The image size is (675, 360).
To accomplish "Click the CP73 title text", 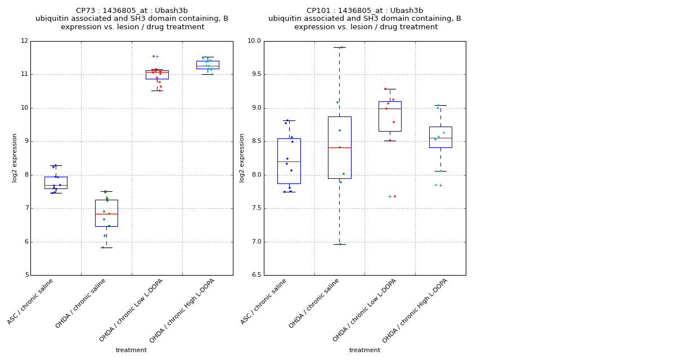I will [x=132, y=11].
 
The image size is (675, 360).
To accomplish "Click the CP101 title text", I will [x=364, y=11].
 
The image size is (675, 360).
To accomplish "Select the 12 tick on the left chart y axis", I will [x=24, y=41].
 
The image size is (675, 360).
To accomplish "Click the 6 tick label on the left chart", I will [x=26, y=242].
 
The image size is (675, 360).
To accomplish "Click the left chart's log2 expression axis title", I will [x=15, y=157].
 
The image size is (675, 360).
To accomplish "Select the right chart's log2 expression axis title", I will [x=242, y=157].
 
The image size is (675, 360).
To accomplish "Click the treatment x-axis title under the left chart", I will [x=131, y=350].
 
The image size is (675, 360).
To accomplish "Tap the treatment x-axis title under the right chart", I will [x=364, y=350].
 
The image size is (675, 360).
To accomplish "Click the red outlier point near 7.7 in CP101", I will [x=395, y=196].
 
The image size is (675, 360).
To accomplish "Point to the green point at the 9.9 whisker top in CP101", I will [x=341, y=47].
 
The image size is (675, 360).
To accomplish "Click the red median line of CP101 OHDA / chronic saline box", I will [x=339, y=147].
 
